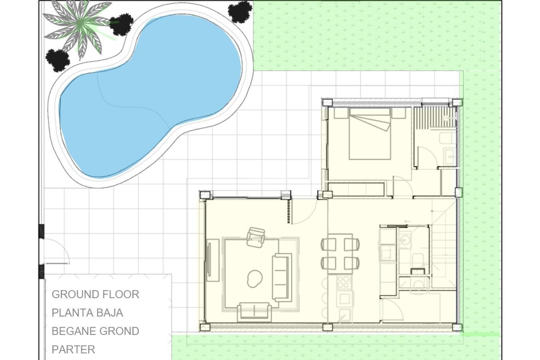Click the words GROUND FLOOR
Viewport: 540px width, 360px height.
95,294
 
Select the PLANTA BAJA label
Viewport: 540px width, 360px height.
87,313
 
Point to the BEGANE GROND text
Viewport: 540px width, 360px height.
95,331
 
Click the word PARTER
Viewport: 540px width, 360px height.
73,350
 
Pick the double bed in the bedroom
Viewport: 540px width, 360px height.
370,134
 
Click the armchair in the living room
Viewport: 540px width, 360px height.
256,237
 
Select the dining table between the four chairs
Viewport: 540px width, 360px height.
340,254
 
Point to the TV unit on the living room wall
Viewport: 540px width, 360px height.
213,260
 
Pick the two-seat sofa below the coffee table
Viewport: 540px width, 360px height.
254,312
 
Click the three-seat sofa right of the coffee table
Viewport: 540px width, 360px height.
282,277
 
